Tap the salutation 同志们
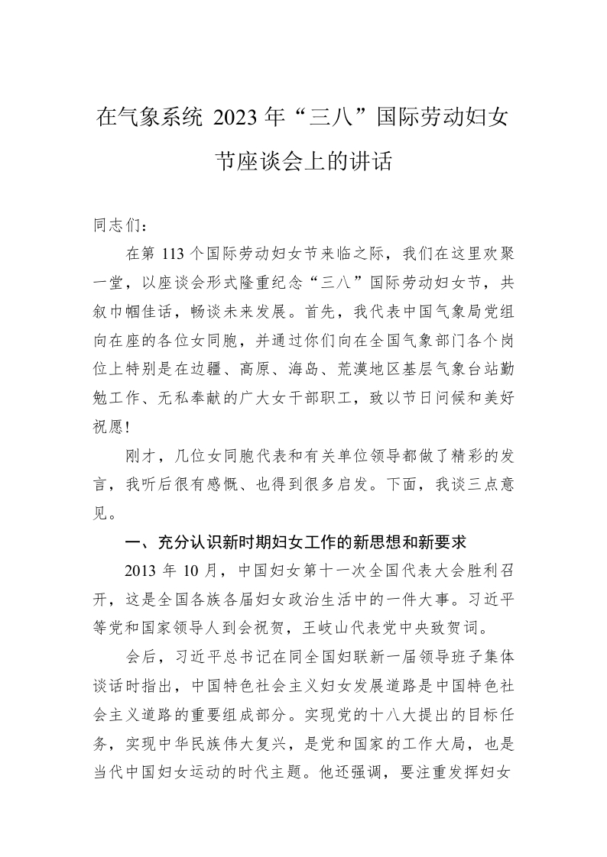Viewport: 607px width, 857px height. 113,226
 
